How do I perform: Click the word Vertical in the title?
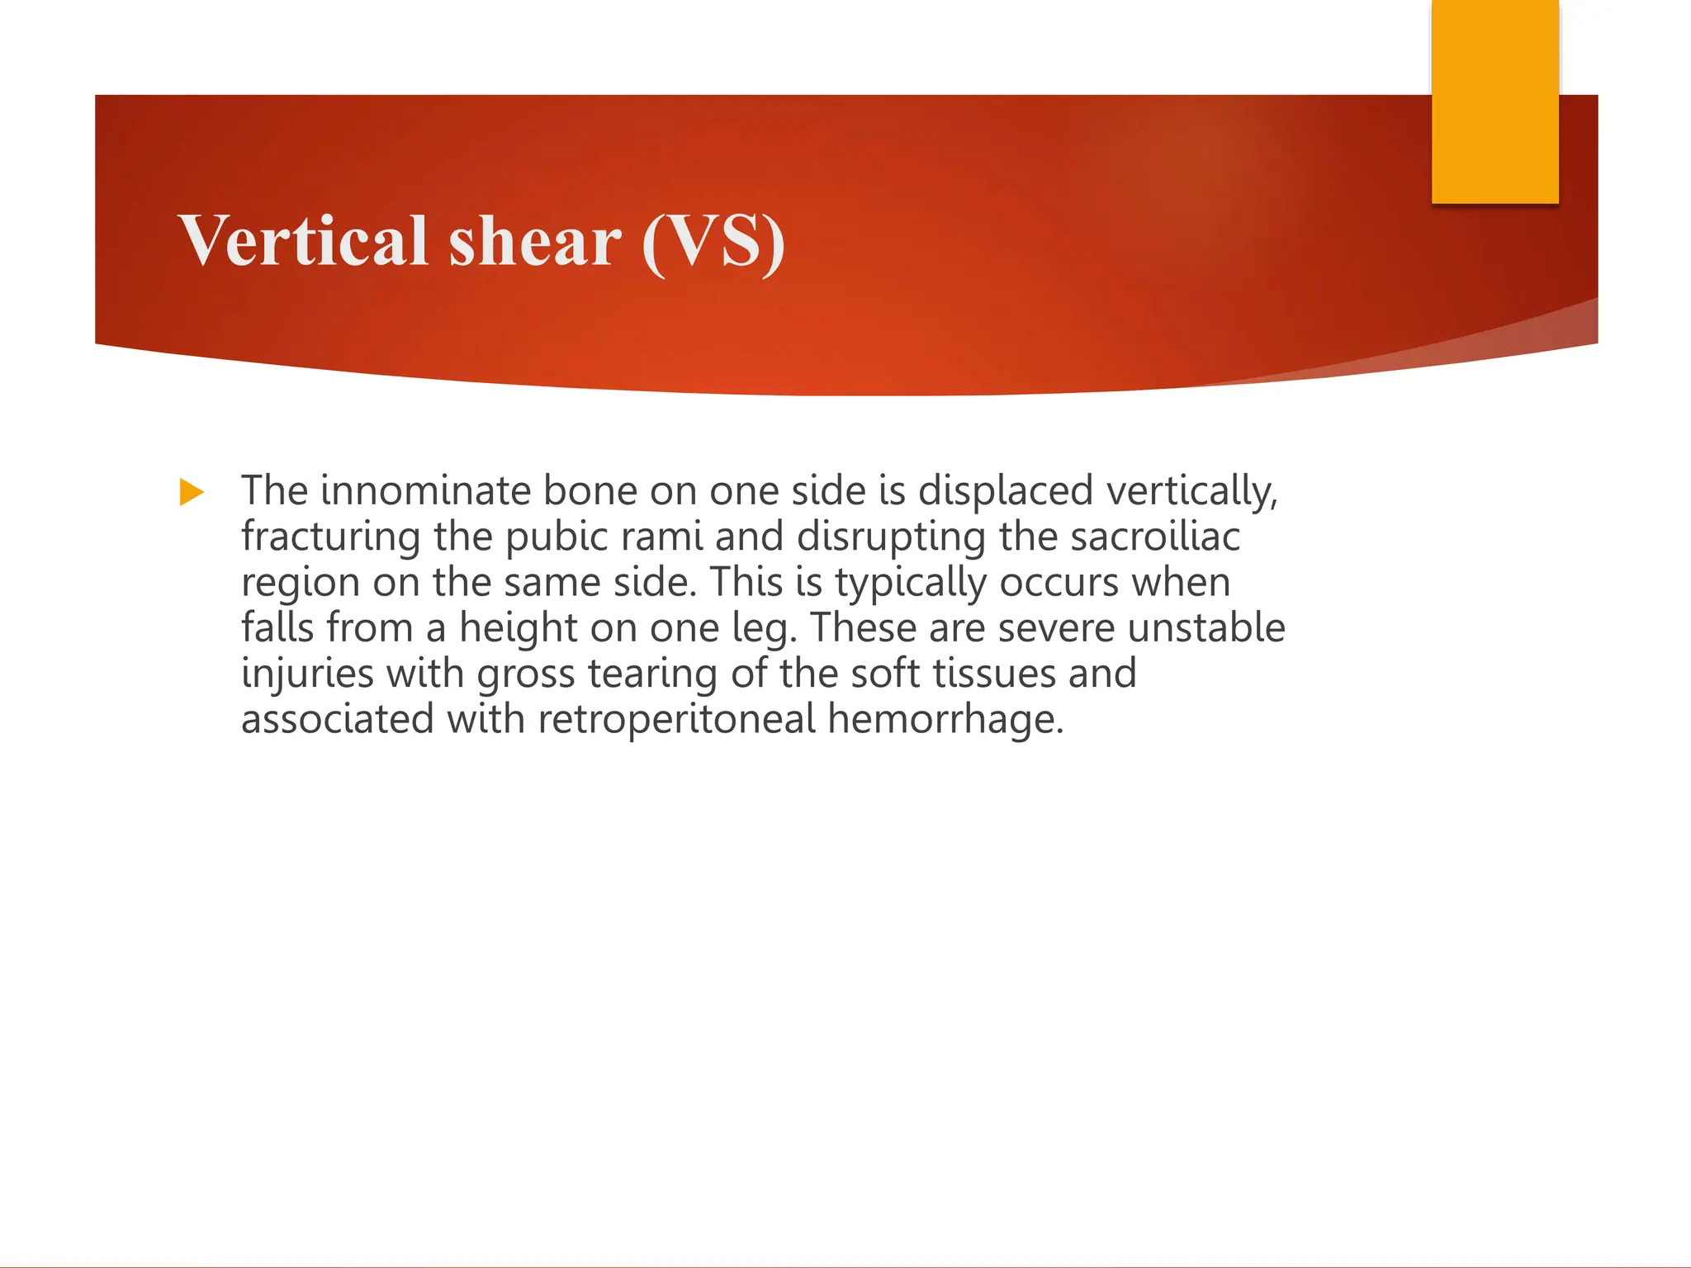pos(303,240)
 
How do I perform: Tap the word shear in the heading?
pos(534,240)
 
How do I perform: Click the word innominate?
pos(425,490)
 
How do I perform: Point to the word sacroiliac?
pos(1155,537)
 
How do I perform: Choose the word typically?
pos(910,584)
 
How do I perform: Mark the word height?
pos(518,628)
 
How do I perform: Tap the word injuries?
pos(307,674)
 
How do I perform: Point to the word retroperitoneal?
pos(676,719)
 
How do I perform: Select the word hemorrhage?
pos(945,720)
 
